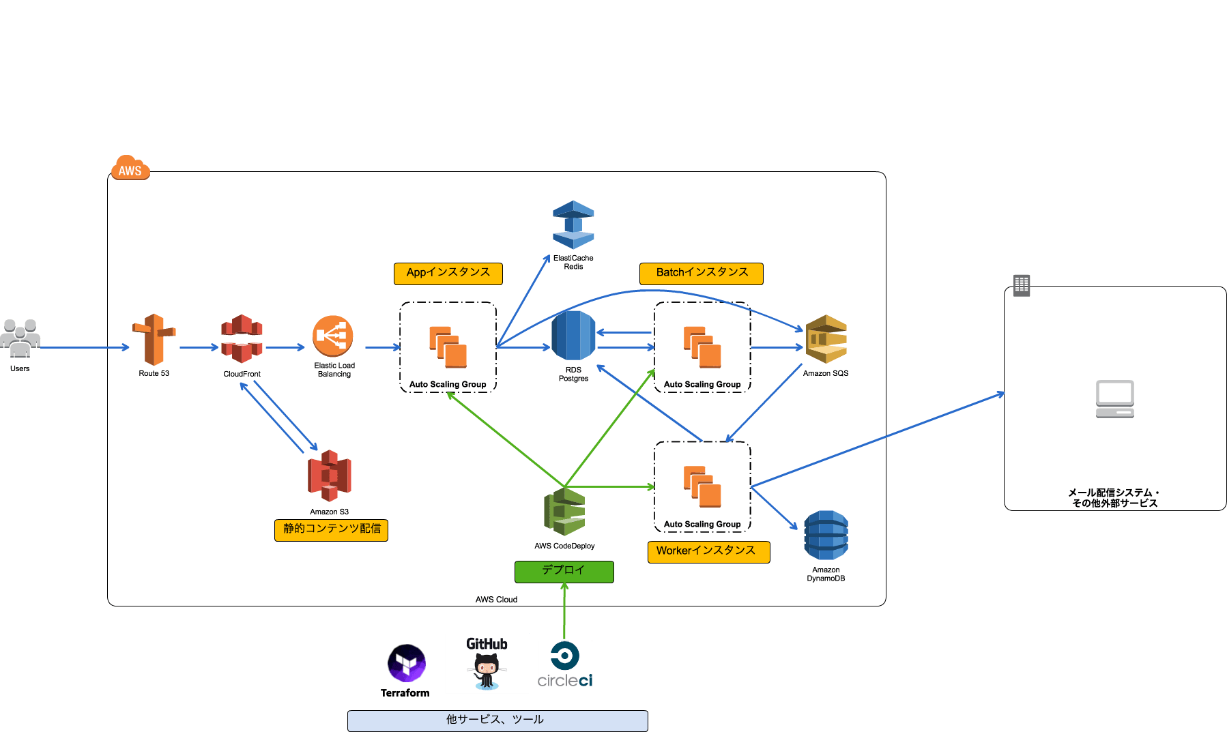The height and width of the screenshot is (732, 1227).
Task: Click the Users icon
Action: click(x=20, y=338)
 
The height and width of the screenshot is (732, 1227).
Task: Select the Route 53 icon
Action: click(x=154, y=339)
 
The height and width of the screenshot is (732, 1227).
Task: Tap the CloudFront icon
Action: click(x=242, y=338)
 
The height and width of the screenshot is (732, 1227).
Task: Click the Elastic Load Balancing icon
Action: click(x=333, y=336)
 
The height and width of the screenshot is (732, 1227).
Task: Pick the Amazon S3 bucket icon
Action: click(x=330, y=475)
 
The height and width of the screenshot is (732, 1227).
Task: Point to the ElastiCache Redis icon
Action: click(x=573, y=224)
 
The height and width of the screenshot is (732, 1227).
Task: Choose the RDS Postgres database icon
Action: click(x=573, y=336)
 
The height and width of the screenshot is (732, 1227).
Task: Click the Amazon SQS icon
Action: click(x=826, y=339)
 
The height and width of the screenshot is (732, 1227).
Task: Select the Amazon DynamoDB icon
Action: click(x=826, y=536)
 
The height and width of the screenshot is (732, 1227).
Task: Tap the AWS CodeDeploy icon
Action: click(x=564, y=512)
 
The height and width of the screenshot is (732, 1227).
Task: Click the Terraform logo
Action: click(x=407, y=663)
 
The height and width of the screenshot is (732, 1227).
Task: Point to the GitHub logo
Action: click(x=487, y=663)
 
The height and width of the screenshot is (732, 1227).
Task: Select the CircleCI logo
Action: click(x=565, y=664)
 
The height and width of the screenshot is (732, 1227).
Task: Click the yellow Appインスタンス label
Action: click(x=448, y=273)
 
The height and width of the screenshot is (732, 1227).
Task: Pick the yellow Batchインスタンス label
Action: click(x=701, y=273)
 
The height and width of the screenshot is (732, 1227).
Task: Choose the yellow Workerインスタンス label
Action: click(x=708, y=551)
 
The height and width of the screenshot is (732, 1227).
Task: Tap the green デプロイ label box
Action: click(x=564, y=571)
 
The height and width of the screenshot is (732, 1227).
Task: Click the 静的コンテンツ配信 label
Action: click(x=331, y=529)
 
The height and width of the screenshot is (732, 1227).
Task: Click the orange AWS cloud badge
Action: click(x=130, y=169)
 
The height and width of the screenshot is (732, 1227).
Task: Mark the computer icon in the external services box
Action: click(x=1115, y=398)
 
